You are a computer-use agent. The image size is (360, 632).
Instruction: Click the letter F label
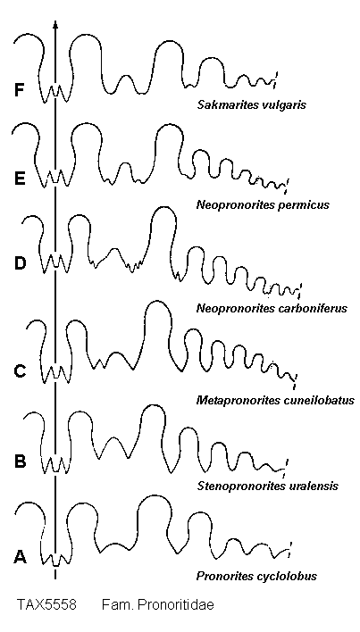19,90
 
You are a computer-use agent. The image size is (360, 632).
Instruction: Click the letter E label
19,178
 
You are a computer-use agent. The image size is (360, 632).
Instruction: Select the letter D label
20,263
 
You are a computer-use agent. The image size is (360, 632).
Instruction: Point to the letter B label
20,462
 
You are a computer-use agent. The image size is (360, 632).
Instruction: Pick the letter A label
21,557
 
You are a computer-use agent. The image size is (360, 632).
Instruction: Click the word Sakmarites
222,106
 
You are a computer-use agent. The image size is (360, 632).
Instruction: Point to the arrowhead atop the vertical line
55,25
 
